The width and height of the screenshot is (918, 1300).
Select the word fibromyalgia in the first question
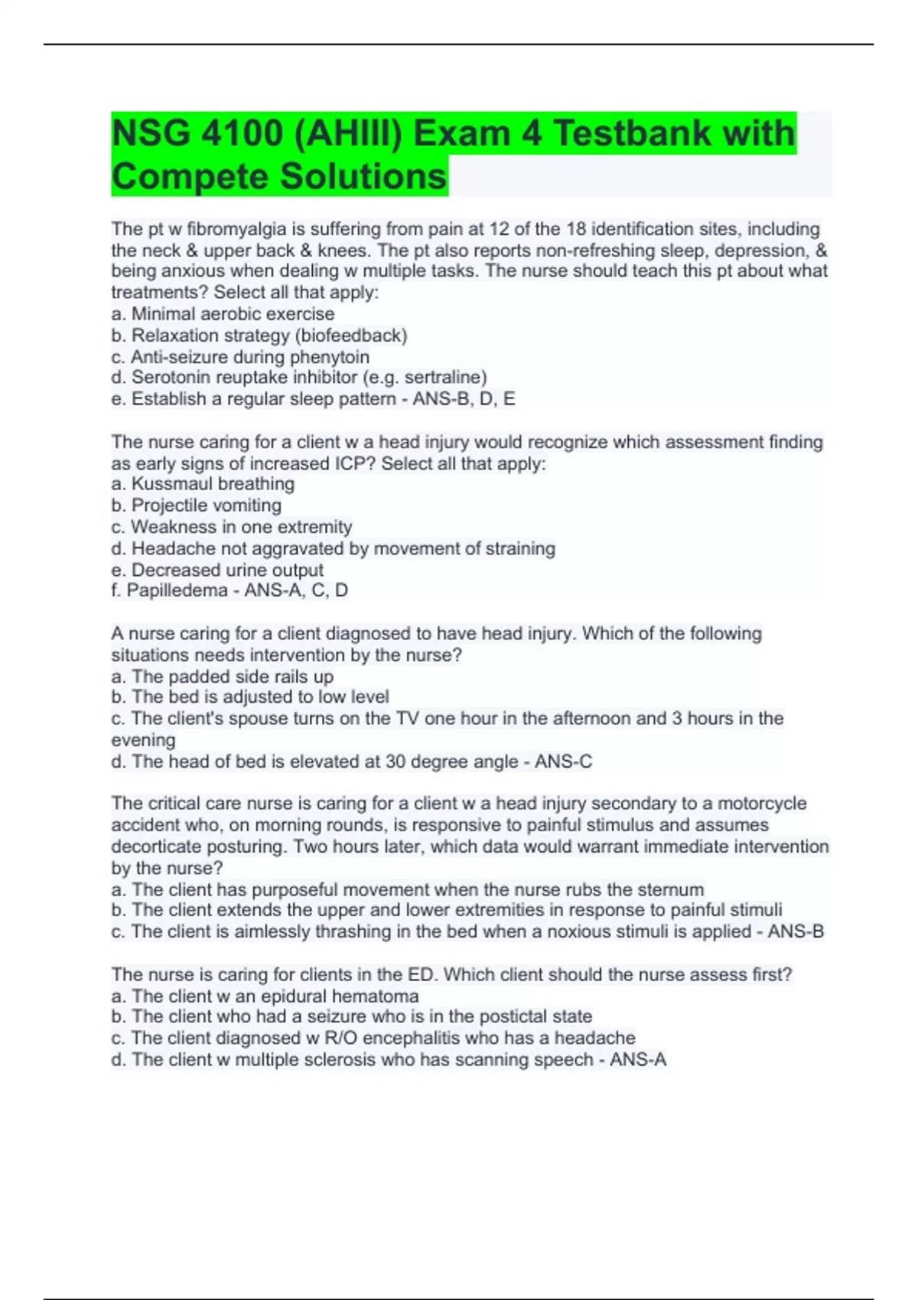(234, 229)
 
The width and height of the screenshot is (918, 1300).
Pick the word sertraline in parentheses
(444, 378)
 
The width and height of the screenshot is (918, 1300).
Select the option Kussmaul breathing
(213, 484)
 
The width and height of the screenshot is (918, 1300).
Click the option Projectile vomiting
(207, 505)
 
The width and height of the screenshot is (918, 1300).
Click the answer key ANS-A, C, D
(296, 590)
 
